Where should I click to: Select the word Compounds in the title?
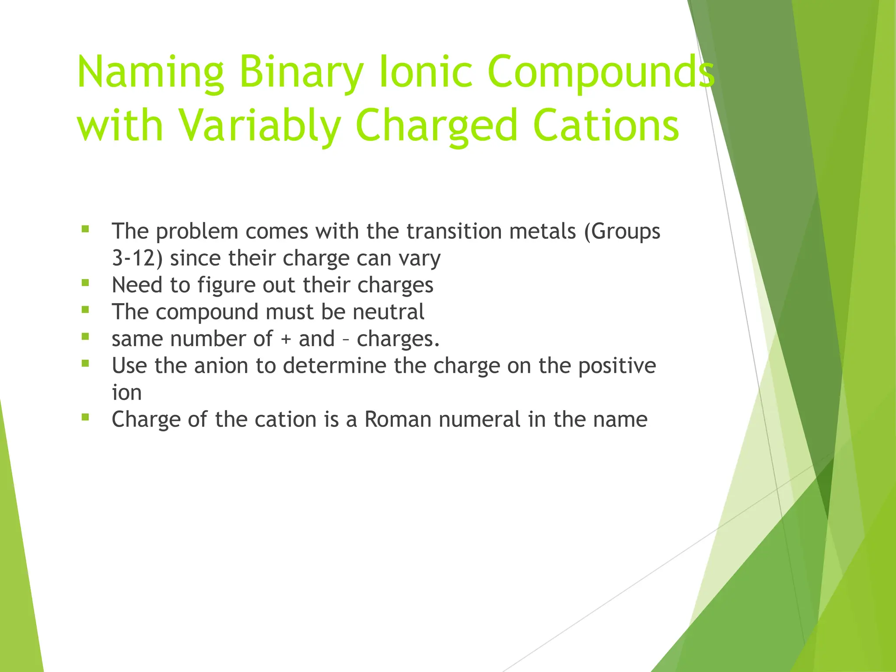(x=601, y=71)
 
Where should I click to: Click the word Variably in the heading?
(x=260, y=126)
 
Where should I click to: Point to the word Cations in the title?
(x=606, y=125)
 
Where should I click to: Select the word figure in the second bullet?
(x=226, y=285)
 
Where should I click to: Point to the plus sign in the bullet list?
(x=286, y=339)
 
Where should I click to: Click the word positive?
(x=617, y=366)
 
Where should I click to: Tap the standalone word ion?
(x=127, y=392)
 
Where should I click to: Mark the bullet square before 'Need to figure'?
(x=85, y=283)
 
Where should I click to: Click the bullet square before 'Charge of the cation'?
(x=85, y=417)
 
